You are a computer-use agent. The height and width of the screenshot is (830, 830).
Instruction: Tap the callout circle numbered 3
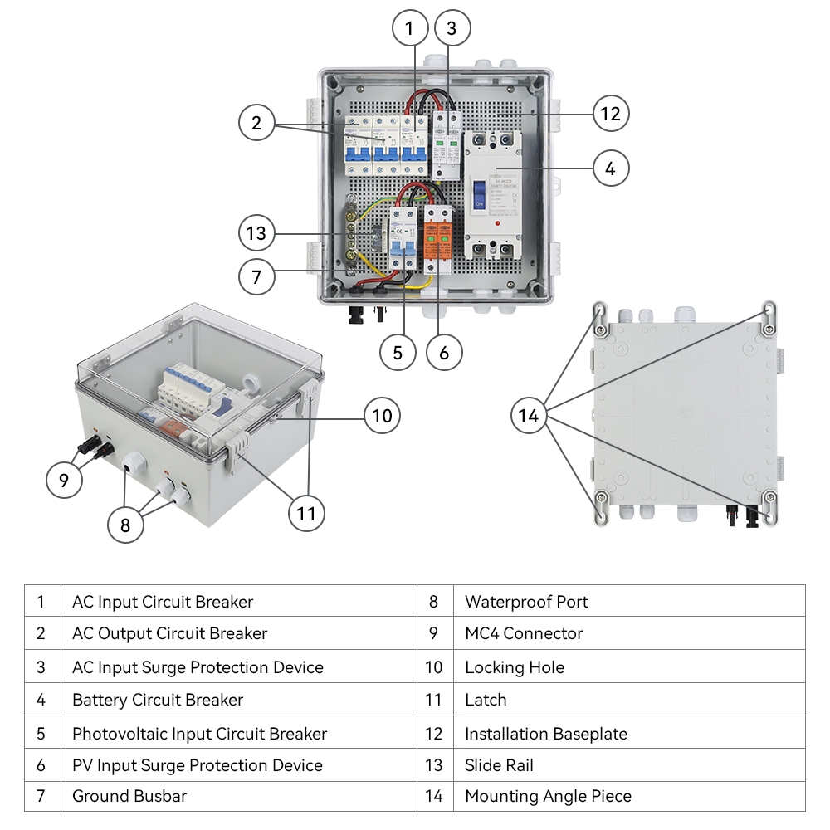[451, 29]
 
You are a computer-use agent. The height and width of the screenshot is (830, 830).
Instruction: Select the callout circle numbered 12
[611, 114]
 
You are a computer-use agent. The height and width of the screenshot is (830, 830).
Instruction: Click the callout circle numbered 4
[611, 168]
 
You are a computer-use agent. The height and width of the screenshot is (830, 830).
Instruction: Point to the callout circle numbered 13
[256, 233]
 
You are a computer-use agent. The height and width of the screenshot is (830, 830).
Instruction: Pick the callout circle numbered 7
[256, 276]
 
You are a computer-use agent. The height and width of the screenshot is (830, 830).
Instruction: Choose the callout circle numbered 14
[529, 416]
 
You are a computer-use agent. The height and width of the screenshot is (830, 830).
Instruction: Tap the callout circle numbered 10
[382, 415]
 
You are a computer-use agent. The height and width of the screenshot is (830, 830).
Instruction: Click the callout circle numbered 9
[65, 479]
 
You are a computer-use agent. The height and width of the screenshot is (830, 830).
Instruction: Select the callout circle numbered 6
[444, 353]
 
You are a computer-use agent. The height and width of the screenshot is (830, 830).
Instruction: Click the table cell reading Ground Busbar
[129, 796]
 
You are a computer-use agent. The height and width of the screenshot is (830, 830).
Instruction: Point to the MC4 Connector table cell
[524, 633]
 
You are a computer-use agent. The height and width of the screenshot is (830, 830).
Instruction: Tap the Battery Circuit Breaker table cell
[158, 700]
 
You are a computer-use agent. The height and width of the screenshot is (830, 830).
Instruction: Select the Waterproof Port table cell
[526, 602]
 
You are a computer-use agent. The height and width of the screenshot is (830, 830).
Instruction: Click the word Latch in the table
[486, 700]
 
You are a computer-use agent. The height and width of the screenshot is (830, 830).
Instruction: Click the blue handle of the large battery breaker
[480, 193]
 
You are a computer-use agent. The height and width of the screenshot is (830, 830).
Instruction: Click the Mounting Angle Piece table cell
[548, 796]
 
